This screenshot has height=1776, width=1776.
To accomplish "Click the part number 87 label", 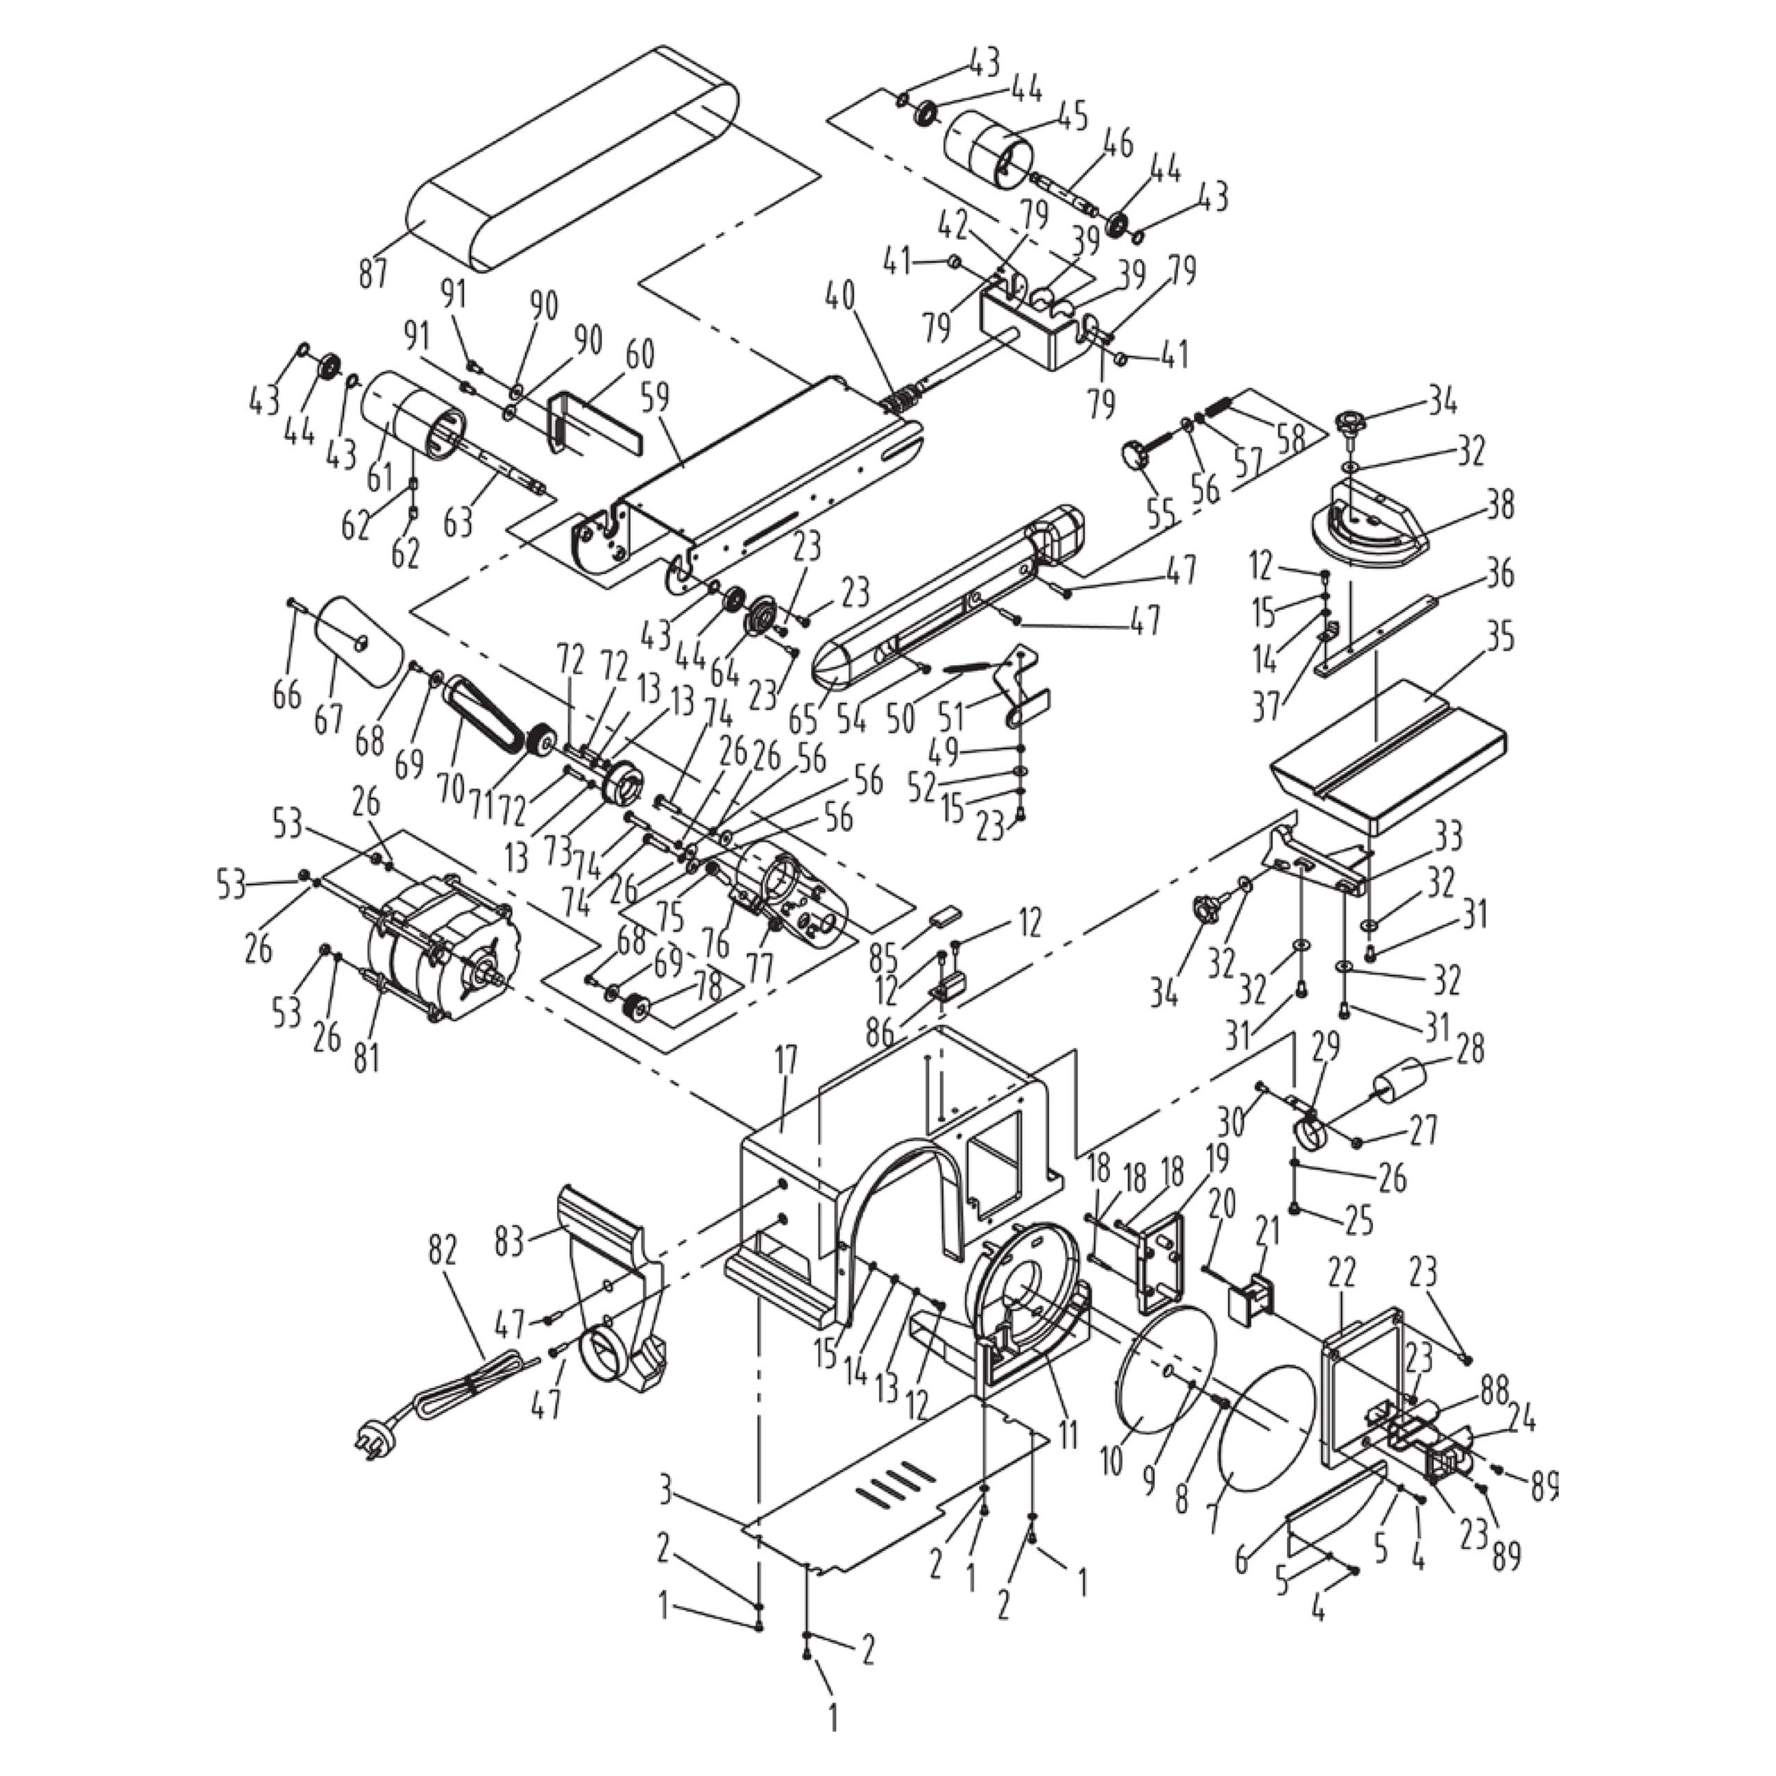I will coord(373,273).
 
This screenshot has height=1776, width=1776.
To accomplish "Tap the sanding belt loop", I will coord(570,156).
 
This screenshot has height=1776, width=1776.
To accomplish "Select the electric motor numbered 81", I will coord(441,947).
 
